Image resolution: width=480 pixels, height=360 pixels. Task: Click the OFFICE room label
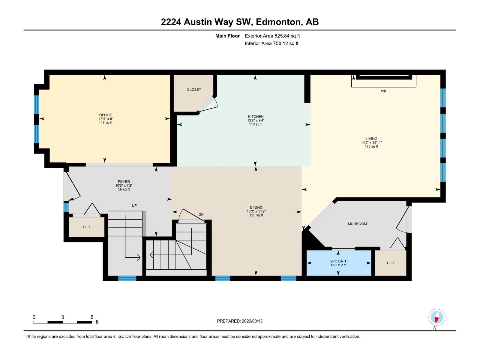coord(106,115)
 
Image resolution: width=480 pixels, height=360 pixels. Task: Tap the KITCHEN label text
coord(256,117)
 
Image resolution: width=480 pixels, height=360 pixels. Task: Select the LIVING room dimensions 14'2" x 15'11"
coord(371,143)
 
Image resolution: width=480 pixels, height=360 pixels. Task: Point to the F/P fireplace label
coord(383,92)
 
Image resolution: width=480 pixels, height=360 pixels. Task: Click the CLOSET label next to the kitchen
coord(194,89)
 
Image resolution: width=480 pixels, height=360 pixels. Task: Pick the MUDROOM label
coord(357,224)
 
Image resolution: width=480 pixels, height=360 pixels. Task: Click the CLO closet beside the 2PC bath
coord(390,263)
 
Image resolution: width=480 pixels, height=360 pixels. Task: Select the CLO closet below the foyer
coord(86,227)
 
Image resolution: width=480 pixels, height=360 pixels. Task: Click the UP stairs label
coord(134,205)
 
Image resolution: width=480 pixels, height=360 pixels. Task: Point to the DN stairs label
coord(201,214)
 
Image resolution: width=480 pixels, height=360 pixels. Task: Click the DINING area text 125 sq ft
coord(256,215)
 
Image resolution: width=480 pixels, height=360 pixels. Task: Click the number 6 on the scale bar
coord(92,317)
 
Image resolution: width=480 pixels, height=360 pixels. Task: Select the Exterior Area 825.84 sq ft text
coord(272,36)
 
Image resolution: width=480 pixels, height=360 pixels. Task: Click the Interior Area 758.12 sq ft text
coord(271,43)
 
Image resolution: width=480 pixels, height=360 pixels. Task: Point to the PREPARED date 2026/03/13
coord(252,321)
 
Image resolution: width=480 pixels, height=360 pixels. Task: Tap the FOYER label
coord(124,182)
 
